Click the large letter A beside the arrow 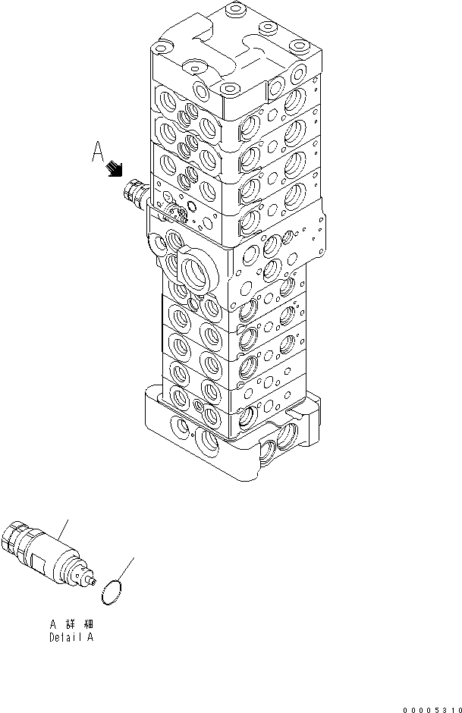(97, 154)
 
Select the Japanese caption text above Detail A (72, 623)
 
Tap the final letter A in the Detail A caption (90, 637)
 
